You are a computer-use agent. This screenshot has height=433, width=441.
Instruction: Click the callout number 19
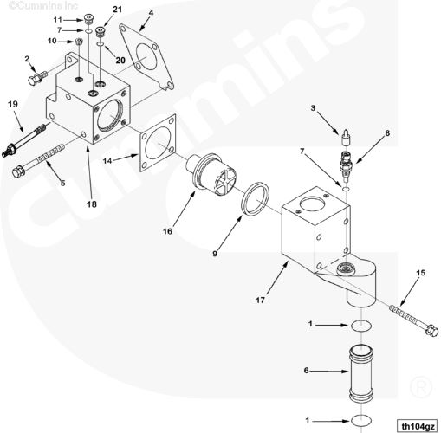tap(13, 104)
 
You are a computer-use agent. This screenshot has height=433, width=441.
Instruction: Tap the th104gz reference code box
tap(418, 426)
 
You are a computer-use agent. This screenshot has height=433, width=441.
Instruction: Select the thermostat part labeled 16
tap(211, 175)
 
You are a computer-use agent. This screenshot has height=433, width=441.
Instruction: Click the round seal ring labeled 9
tap(256, 198)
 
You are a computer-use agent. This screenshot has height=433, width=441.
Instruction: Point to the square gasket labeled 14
tap(158, 143)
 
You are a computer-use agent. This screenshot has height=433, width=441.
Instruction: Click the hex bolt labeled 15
tap(414, 320)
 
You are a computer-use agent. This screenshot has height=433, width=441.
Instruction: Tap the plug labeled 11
tap(88, 20)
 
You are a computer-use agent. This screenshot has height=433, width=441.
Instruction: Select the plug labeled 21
tap(101, 31)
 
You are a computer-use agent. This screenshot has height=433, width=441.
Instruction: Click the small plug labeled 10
tap(78, 42)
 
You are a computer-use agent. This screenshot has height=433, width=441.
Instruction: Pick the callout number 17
tap(260, 301)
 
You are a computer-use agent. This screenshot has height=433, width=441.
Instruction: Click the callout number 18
tap(92, 204)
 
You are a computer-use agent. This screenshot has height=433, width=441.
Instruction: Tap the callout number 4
tap(151, 13)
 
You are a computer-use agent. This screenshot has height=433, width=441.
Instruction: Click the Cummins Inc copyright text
tap(43, 5)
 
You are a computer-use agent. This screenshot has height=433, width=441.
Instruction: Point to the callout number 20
tap(120, 60)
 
